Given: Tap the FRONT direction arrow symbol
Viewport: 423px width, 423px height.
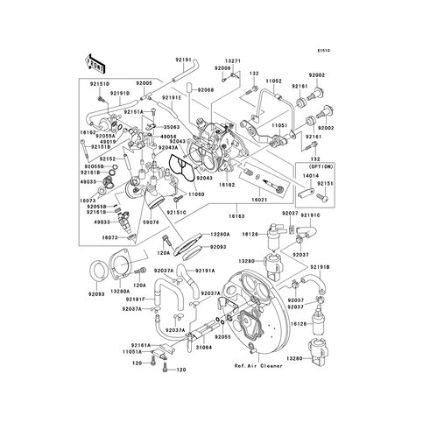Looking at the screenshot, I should tap(95, 64).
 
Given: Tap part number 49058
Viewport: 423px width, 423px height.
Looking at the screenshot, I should tap(168, 137).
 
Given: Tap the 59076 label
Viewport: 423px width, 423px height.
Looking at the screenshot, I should tap(175, 222).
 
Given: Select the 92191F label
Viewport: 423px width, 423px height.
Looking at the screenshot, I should tap(140, 299).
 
